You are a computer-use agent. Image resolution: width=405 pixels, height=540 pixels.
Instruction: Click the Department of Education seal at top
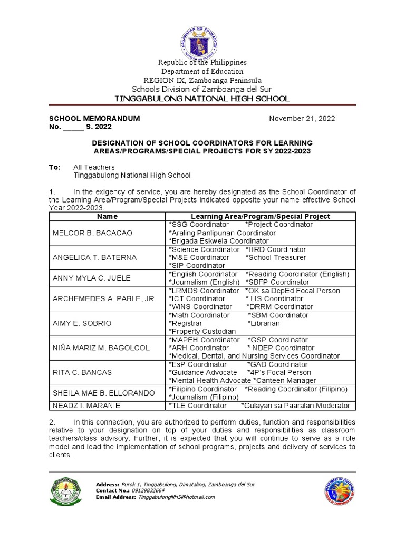click(x=202, y=33)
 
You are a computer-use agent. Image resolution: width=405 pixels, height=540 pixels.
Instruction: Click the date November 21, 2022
click(x=302, y=119)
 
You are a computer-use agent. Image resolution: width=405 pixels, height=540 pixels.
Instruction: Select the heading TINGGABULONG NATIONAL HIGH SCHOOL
click(x=202, y=99)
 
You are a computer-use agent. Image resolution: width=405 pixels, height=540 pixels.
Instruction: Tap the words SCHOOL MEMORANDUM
click(x=94, y=119)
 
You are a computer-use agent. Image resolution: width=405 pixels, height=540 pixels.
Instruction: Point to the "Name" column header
click(x=108, y=216)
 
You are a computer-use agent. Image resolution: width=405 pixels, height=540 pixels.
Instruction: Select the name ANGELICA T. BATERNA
click(x=94, y=257)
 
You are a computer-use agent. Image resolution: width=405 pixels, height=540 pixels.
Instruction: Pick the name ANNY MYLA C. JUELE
click(x=91, y=278)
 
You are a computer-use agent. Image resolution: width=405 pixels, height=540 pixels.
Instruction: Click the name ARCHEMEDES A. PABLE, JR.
click(x=103, y=298)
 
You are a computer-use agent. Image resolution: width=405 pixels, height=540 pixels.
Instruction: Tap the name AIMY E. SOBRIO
click(x=82, y=323)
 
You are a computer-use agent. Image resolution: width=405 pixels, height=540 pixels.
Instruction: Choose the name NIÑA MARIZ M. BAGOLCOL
click(x=101, y=348)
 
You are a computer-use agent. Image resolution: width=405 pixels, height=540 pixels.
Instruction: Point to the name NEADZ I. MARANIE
click(x=86, y=406)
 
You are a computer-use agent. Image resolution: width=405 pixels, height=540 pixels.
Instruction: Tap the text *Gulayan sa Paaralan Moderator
click(x=295, y=406)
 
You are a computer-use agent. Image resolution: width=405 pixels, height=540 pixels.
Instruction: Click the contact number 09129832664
click(x=148, y=490)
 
